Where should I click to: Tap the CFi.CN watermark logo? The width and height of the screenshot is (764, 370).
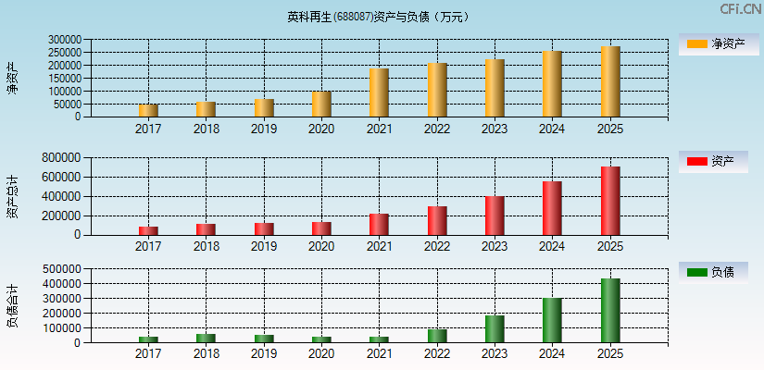(x=740, y=9)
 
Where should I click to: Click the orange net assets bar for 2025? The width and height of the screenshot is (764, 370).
(x=610, y=82)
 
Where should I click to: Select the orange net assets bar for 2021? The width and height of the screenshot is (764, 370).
(x=379, y=93)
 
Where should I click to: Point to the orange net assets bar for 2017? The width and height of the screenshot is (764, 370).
(x=148, y=111)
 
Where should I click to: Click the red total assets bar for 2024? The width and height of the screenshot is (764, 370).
(x=552, y=208)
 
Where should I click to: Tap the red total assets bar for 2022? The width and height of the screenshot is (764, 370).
(x=437, y=221)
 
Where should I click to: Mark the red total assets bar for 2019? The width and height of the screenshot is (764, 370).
(x=264, y=228)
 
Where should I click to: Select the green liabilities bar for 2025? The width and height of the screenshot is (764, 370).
(x=610, y=311)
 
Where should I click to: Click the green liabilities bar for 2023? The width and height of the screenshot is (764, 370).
(x=495, y=329)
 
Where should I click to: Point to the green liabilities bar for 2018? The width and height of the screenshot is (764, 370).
(x=206, y=339)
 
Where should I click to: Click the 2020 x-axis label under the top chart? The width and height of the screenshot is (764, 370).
(x=321, y=129)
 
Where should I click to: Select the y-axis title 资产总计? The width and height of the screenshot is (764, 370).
(x=12, y=196)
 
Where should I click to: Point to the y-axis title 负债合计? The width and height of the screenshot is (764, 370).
(x=12, y=306)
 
